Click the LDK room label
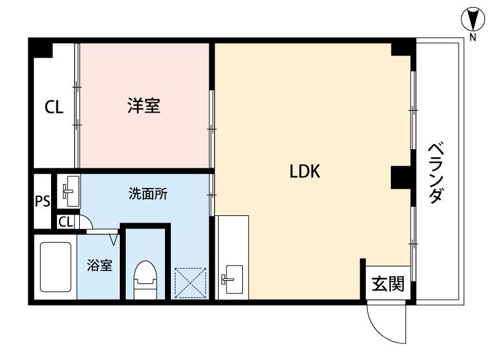pos(304,171)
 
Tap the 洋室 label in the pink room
pos(144,105)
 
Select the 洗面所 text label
pos(147,194)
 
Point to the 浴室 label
pos(100,266)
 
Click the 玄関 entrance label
pos(388,284)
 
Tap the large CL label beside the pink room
pos(54,107)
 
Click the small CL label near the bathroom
pos(65,223)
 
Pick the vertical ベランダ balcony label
pos(437,173)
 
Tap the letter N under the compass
pos(472,37)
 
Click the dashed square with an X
pos(191,283)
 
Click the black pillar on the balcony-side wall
pos(400,177)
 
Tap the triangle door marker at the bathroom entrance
pos(113,238)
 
